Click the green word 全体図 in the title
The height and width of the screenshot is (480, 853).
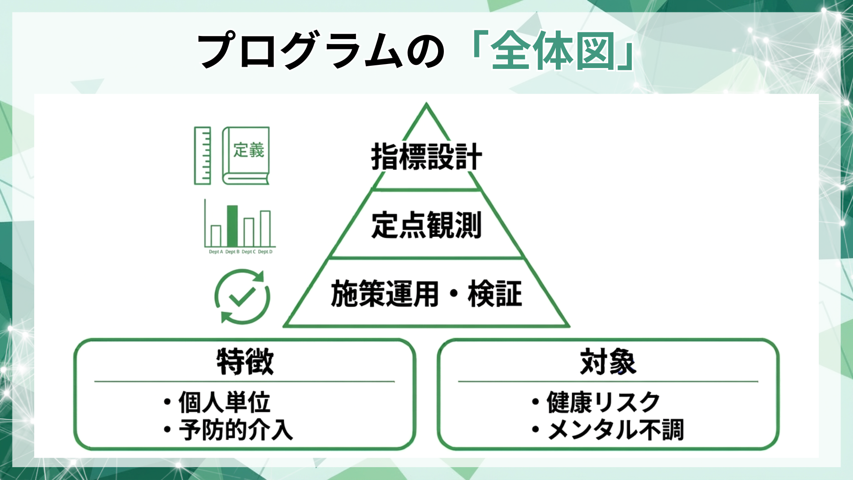tap(553, 51)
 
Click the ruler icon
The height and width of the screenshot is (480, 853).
tap(202, 156)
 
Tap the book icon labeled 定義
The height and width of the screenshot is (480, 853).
tap(246, 156)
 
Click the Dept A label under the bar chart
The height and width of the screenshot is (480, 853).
tap(216, 252)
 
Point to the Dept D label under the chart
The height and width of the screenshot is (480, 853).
tap(265, 252)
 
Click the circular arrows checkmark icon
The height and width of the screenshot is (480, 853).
tap(242, 296)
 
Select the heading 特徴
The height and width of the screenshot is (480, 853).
tap(245, 362)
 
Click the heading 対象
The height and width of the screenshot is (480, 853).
tap(608, 362)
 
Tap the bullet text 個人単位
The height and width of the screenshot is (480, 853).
tap(224, 402)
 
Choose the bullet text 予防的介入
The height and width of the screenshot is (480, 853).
tap(236, 430)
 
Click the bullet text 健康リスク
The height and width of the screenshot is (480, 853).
tap(603, 402)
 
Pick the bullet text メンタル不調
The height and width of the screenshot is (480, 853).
tap(615, 430)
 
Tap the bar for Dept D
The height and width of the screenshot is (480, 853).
tap(265, 228)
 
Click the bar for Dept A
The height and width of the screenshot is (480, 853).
tap(216, 236)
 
